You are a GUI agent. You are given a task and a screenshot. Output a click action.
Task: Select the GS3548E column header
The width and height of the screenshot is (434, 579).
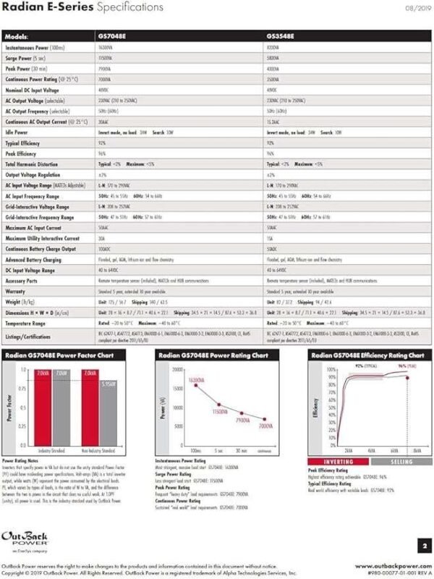click(281, 35)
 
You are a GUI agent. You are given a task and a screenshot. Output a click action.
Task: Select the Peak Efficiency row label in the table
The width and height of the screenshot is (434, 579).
click(22, 154)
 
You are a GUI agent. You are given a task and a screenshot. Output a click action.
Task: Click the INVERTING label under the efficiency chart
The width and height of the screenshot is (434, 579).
click(338, 461)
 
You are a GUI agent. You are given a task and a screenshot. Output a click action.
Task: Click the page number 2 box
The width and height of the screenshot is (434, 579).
click(424, 544)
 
